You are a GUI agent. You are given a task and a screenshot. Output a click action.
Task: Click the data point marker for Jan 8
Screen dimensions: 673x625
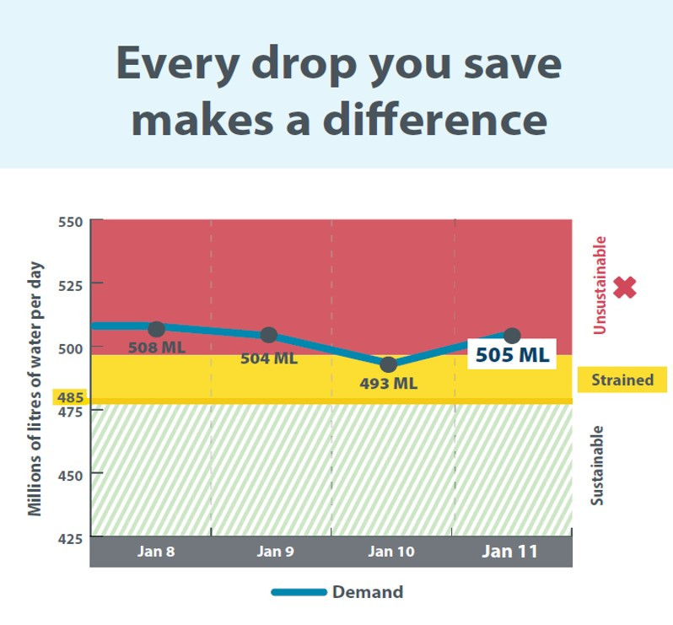pos(157,329)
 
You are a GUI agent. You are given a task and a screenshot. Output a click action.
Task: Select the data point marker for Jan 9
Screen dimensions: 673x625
pos(269,335)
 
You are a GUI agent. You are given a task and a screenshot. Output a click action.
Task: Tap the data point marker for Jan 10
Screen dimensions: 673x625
pos(389,364)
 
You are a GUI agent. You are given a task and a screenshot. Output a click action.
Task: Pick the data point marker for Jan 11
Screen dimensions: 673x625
pos(512,335)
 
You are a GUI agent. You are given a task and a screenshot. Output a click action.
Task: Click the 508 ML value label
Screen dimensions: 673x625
pos(157,348)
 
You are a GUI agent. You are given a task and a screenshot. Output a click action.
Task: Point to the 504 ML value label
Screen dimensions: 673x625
pos(269,358)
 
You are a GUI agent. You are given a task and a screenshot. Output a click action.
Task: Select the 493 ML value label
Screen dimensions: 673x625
pos(389,383)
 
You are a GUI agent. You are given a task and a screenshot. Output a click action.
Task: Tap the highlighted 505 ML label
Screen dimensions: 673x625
pos(512,354)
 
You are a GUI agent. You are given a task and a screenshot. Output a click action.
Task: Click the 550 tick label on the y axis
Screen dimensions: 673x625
pos(70,223)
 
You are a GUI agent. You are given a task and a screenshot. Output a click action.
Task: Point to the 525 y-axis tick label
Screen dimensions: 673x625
pos(70,285)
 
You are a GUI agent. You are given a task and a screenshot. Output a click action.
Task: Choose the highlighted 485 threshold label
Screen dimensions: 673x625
pos(70,397)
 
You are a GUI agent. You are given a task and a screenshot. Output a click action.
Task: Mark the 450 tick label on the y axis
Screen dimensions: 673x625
pos(70,476)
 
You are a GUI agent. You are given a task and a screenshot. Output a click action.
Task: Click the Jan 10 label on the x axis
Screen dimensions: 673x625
pos(391,551)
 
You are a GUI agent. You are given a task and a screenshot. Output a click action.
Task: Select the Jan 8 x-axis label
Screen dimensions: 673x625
pos(156,551)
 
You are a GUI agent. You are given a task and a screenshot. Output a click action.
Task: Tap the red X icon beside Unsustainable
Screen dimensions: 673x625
pos(624,287)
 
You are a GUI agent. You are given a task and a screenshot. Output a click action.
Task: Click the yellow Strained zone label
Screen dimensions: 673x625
pos(622,380)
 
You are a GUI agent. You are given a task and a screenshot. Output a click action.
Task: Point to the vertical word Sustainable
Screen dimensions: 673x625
pos(597,466)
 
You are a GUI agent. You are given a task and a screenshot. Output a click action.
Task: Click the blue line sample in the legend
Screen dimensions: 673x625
pos(299,592)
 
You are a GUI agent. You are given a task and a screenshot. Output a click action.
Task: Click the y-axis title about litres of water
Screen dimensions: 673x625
pos(35,389)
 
